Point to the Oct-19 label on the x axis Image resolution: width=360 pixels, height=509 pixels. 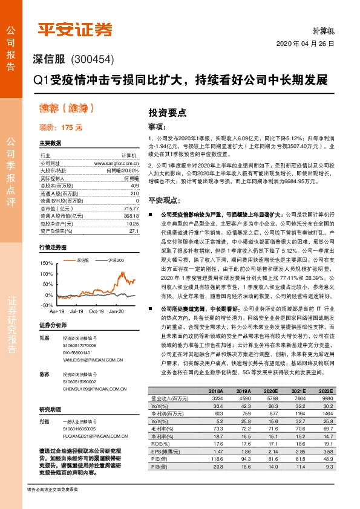(97, 311)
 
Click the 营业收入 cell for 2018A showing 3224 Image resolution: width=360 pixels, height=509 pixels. (216, 399)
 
